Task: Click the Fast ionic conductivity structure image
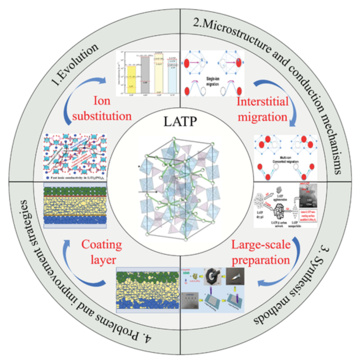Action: point(75,156)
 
